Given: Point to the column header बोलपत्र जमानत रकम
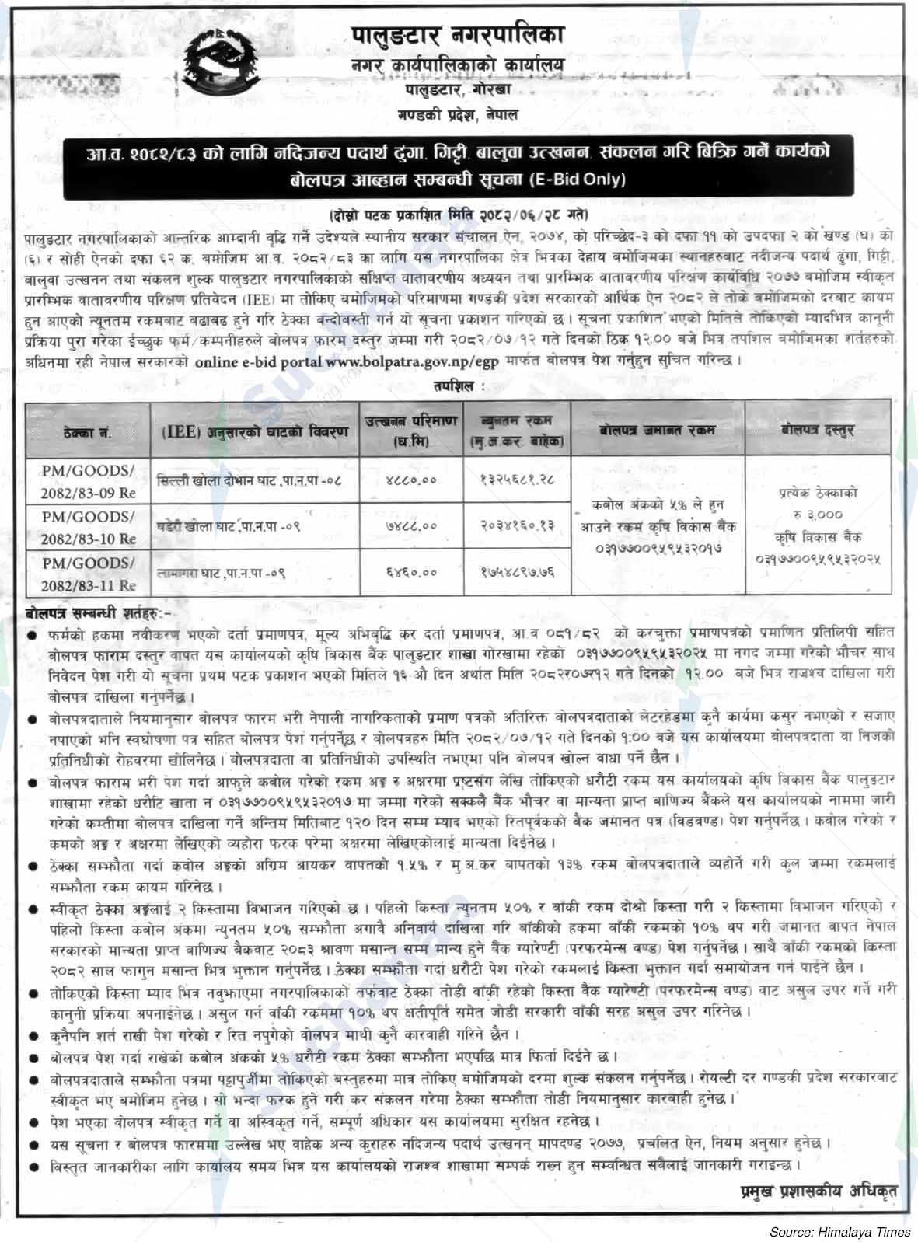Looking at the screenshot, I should click(658, 428).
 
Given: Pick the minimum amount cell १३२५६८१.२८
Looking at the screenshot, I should click(517, 480).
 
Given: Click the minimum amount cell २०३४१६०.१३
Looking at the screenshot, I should click(517, 526).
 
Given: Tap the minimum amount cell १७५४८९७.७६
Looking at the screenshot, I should click(517, 573).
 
